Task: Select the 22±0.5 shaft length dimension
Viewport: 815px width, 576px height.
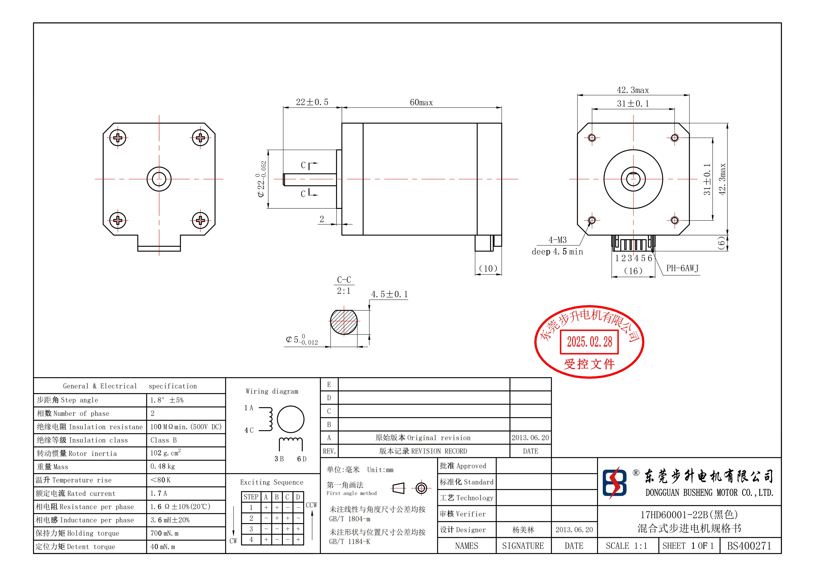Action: coord(312,102)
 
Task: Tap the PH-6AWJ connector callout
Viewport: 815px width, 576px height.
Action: coord(682,268)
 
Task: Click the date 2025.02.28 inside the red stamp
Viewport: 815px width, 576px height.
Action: coord(589,342)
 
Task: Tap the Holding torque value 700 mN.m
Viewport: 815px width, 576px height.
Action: coord(164,533)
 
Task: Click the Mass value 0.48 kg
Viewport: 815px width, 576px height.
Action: coord(163,467)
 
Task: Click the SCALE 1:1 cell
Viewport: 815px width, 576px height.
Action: coord(626,546)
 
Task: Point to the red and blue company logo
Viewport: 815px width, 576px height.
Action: coord(614,483)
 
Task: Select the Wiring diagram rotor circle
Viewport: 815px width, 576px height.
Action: coord(290,419)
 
